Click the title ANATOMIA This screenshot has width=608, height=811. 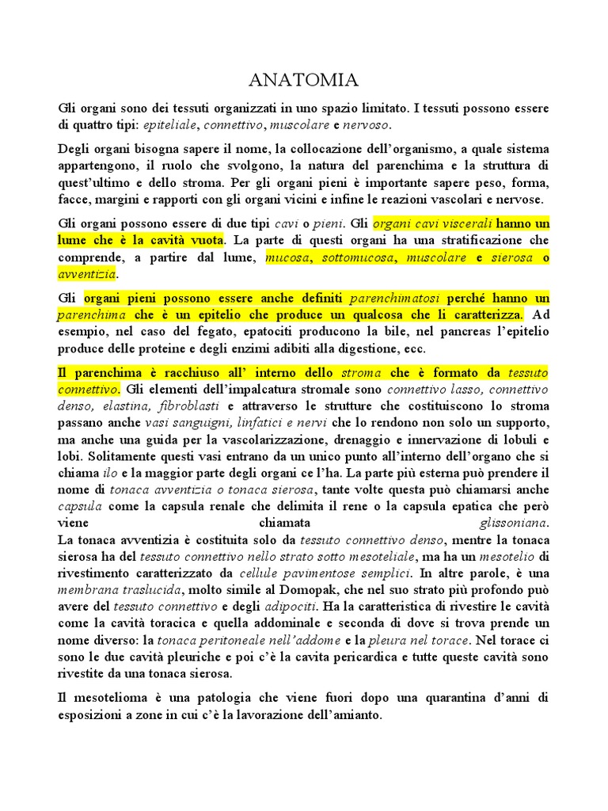coord(303,80)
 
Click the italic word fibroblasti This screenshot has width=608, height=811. coord(189,405)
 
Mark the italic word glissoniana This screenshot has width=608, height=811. coord(514,524)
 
